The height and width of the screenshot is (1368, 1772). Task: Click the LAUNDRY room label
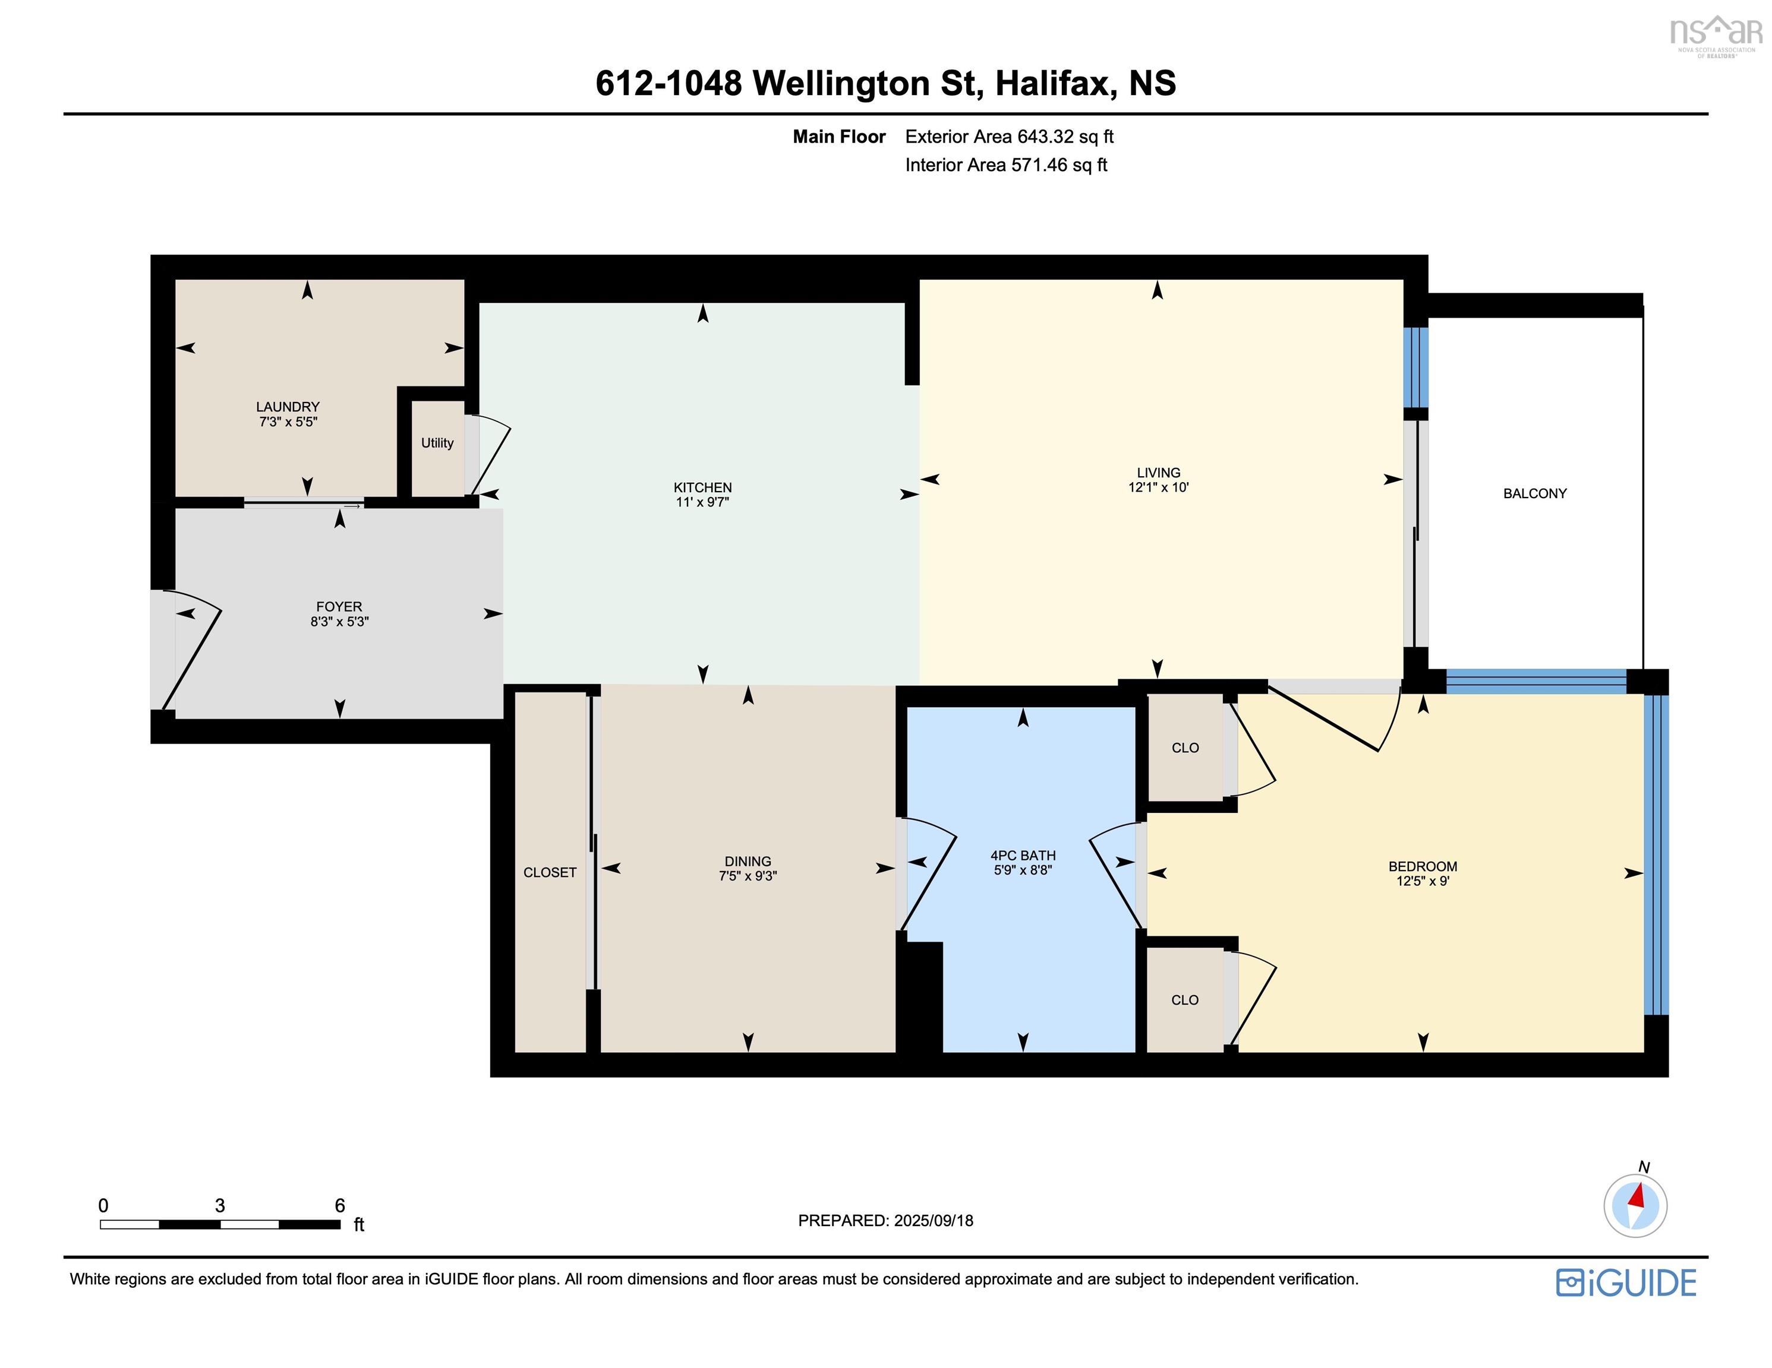[288, 406]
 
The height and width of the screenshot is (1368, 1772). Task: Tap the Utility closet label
[437, 443]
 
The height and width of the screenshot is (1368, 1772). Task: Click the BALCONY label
[1535, 493]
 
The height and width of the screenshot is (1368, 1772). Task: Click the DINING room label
[748, 861]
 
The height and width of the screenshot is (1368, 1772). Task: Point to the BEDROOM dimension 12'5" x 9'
[1423, 881]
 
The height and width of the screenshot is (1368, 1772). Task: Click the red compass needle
[1637, 1195]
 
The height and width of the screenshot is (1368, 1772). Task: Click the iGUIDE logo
[1626, 1282]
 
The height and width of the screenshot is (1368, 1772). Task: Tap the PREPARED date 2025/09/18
[933, 1220]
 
